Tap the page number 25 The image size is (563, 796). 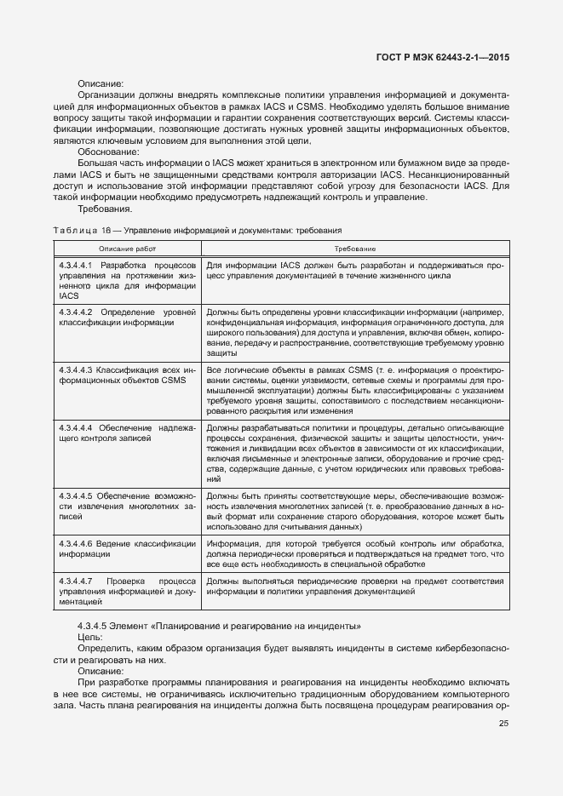click(503, 724)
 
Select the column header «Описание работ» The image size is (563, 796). click(127, 248)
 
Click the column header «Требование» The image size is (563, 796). click(355, 248)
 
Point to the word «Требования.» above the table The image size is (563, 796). click(105, 209)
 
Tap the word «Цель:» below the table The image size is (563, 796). click(90, 637)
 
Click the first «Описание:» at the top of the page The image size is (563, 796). click(101, 83)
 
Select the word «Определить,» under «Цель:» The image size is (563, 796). click(105, 649)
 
